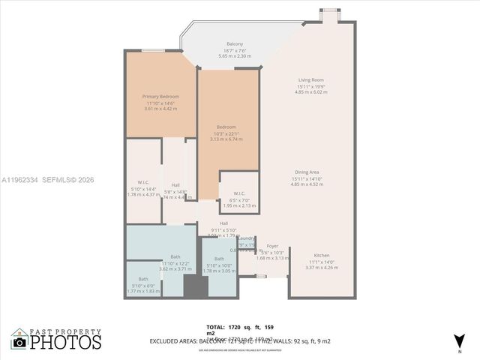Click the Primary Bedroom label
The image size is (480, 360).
click(x=160, y=96)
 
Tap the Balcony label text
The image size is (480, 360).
click(x=235, y=44)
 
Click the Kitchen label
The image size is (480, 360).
click(x=321, y=256)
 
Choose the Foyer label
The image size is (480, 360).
click(x=272, y=245)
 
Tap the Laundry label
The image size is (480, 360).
click(x=246, y=238)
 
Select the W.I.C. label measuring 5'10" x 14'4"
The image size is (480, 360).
click(x=143, y=182)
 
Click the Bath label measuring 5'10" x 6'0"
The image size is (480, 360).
click(x=142, y=279)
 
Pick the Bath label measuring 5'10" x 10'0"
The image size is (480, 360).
click(x=219, y=259)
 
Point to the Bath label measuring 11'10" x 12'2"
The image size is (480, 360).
click(x=175, y=256)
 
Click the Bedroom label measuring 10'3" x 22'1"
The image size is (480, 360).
click(x=226, y=127)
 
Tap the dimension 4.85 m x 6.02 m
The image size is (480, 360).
click(x=310, y=92)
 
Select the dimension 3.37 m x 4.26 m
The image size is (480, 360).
click(x=321, y=268)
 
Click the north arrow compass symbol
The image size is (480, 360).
click(x=459, y=340)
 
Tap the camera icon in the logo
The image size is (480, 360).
click(x=19, y=342)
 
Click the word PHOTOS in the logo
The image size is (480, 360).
click(x=66, y=343)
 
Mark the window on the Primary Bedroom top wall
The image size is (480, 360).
click(x=153, y=50)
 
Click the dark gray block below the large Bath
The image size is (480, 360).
click(x=196, y=287)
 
